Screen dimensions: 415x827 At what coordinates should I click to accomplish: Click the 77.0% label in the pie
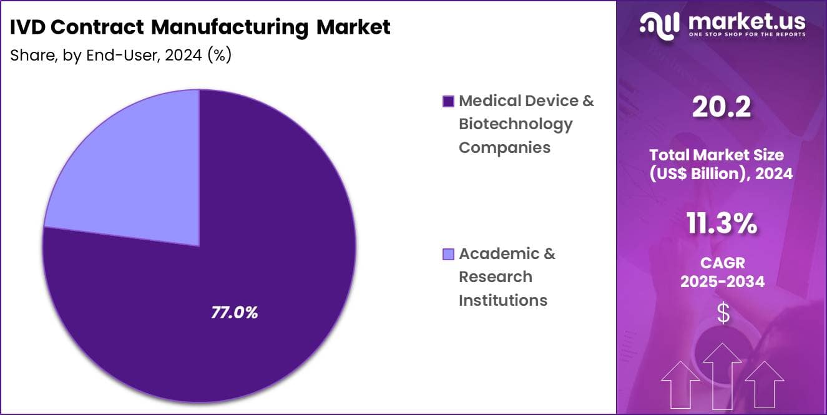tap(234, 313)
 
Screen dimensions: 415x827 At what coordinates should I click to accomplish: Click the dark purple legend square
tap(448, 101)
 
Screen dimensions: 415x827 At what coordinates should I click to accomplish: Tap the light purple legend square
tap(448, 254)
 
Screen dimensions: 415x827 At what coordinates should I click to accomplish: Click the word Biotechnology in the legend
tap(515, 124)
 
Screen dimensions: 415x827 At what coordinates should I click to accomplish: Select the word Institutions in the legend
tap(502, 300)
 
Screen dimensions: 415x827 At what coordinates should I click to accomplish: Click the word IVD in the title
tap(27, 27)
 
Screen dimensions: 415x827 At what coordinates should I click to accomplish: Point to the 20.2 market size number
tap(721, 107)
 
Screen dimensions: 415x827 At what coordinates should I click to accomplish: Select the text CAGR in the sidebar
tap(722, 263)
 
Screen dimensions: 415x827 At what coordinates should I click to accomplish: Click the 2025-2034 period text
tap(722, 281)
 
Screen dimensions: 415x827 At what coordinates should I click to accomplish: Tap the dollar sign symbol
tap(723, 313)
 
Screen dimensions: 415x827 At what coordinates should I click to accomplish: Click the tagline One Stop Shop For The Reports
tap(746, 35)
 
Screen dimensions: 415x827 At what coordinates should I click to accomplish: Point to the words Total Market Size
tap(721, 154)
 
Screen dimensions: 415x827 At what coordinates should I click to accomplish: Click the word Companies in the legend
tap(504, 147)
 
